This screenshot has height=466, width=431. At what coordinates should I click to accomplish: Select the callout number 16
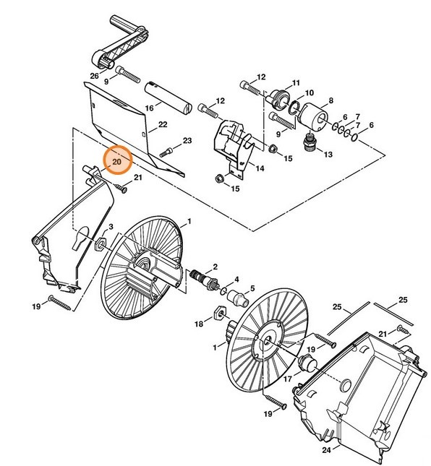pos(149,108)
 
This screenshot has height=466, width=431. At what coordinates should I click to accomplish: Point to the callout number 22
pos(163,124)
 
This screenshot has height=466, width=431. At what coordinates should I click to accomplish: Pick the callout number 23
pos(187,139)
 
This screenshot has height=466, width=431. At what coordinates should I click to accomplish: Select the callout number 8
pos(331,100)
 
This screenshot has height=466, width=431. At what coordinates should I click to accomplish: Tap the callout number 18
pos(198,325)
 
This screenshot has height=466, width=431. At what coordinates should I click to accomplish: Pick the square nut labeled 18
pos(215,313)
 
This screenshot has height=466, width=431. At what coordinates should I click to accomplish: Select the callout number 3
pos(111,227)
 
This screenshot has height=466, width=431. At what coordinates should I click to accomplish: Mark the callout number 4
pos(236,279)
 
